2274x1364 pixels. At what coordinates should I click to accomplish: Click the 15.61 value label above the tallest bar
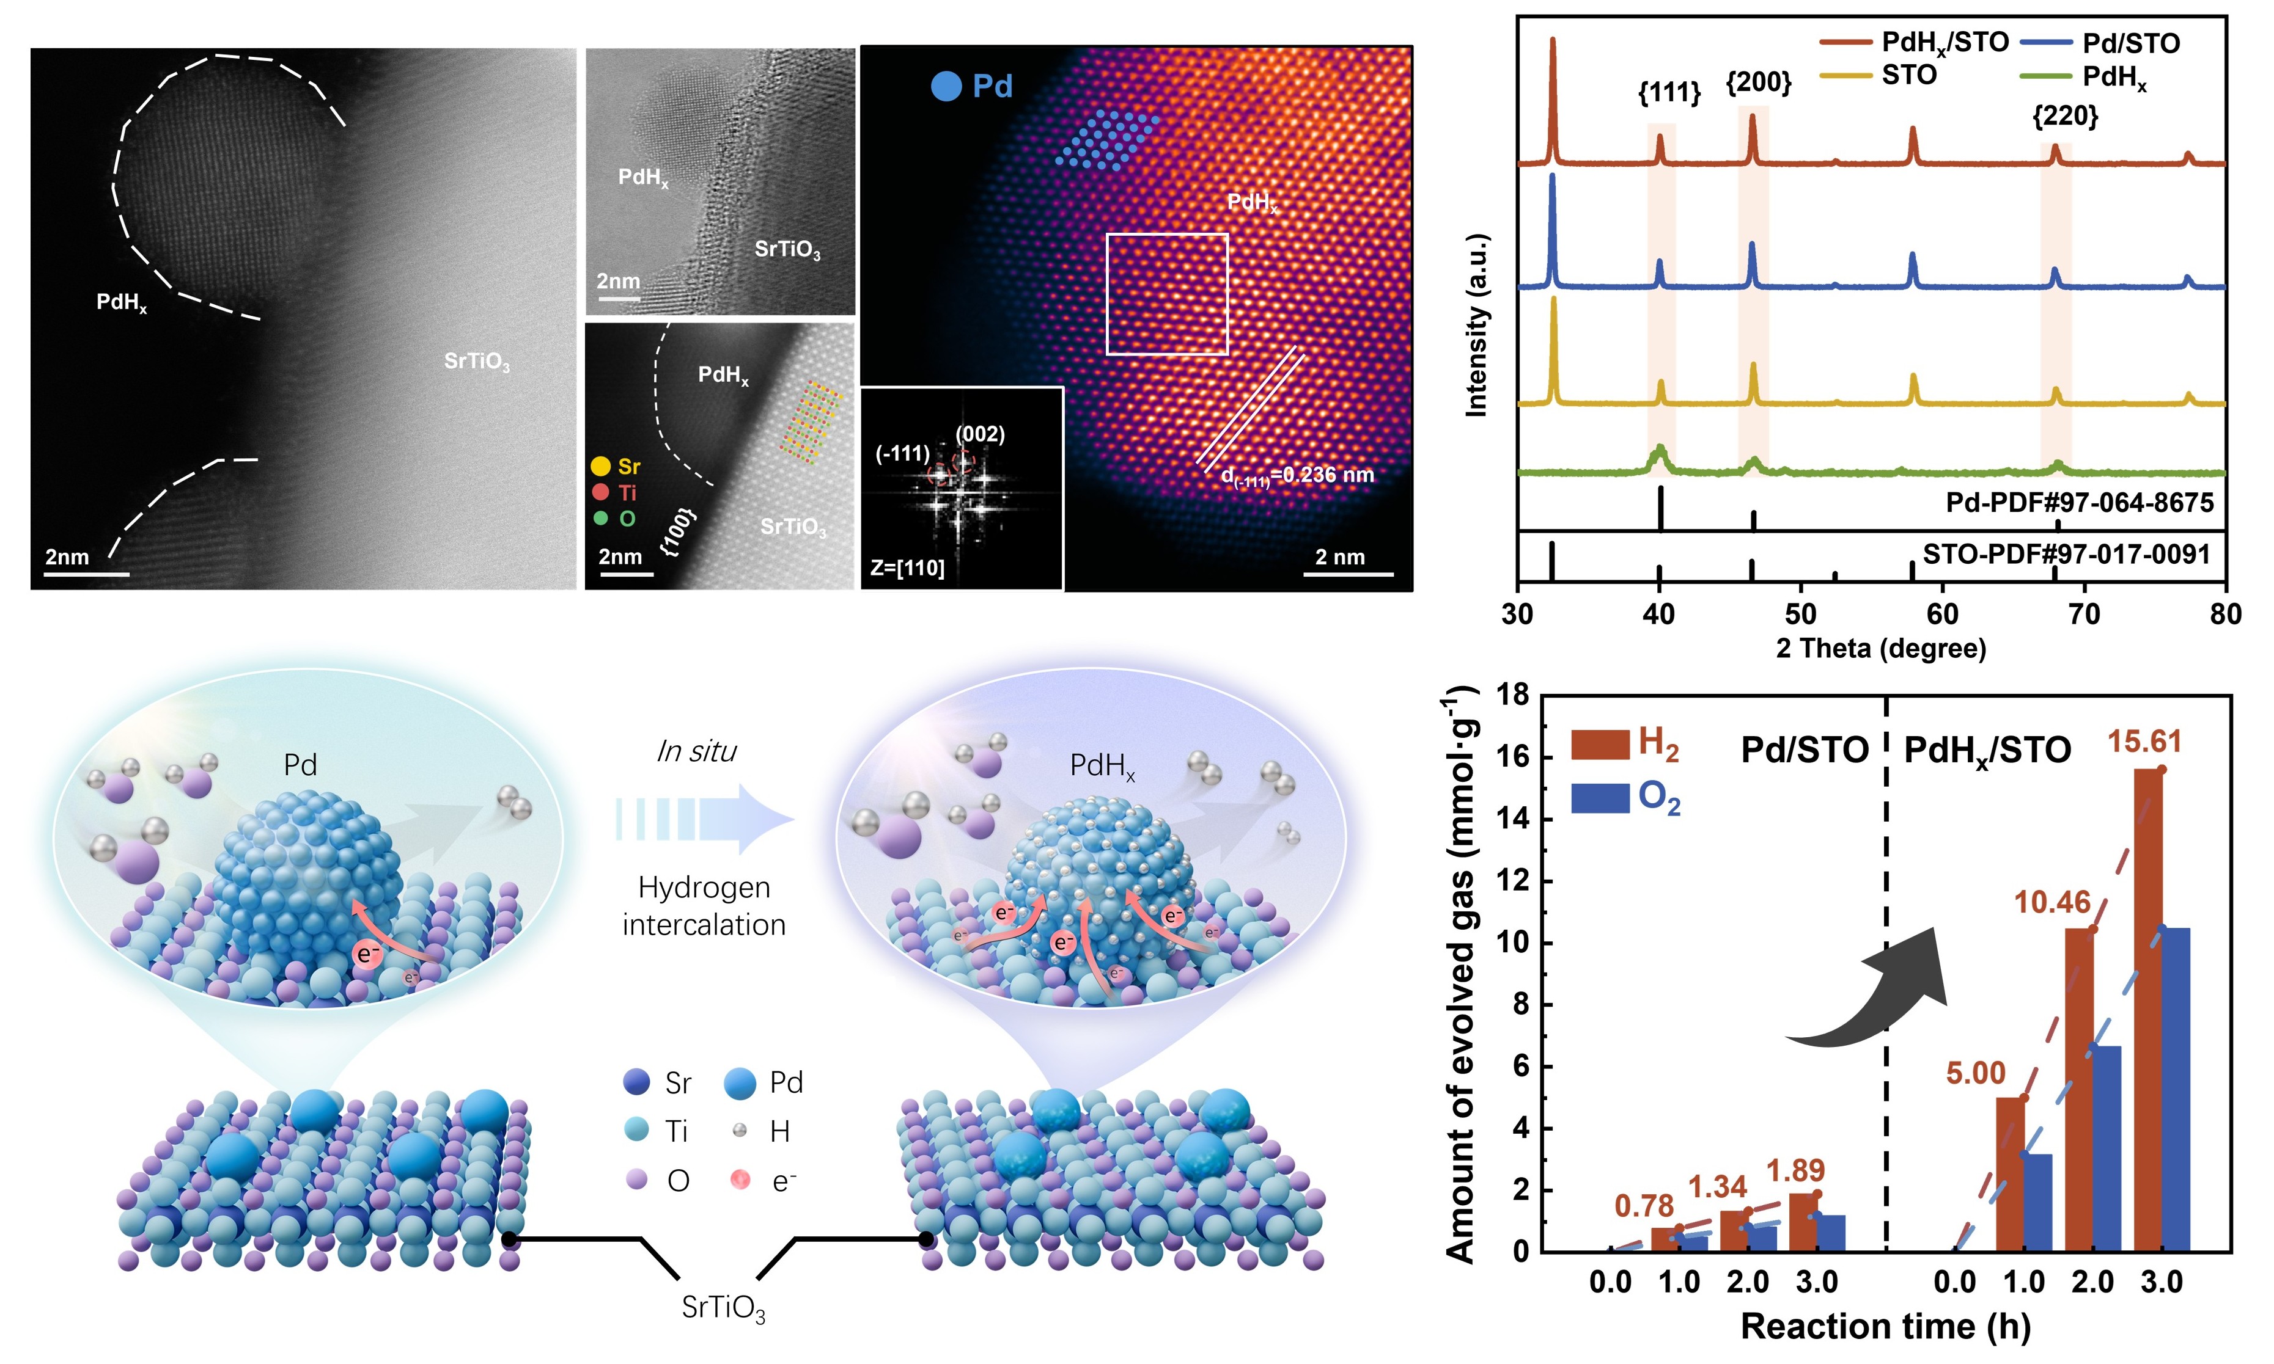2143,741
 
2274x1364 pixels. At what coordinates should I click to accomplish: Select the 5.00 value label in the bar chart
1975,1073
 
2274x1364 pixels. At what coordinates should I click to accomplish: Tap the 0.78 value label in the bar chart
1644,1205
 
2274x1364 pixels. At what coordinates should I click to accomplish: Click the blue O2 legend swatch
1600,798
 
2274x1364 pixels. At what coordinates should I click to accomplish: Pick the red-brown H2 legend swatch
1600,745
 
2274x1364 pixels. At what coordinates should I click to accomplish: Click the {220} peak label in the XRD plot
2066,116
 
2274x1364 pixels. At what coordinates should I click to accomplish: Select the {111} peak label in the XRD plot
1669,92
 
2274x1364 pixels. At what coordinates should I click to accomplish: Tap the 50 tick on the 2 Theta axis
1800,613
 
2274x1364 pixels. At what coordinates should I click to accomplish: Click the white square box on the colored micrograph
1167,294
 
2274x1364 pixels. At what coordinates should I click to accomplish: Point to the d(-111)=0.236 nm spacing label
1297,476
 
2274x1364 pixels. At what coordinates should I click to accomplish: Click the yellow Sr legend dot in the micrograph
600,467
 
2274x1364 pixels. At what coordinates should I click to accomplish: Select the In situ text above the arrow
696,752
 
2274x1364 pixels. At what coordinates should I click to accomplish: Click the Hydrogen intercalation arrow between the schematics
704,818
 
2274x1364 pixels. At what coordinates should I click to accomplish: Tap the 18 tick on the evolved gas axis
1512,695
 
